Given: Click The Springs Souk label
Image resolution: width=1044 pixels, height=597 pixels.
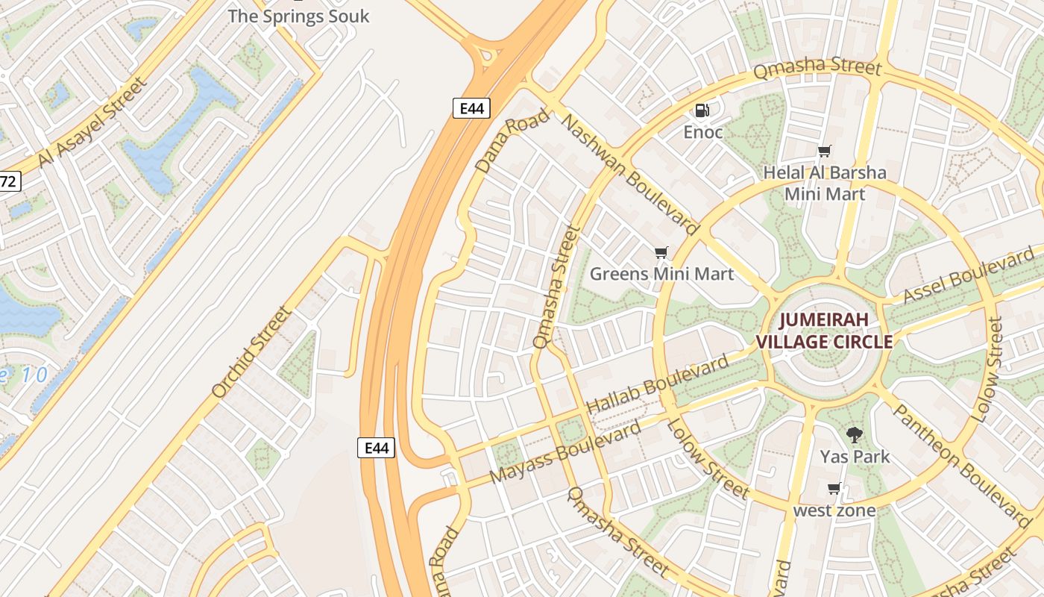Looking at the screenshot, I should tap(298, 16).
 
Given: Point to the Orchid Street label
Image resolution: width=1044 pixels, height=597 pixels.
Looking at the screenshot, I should tap(251, 352).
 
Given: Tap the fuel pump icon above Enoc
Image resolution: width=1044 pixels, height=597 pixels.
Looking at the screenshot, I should tap(702, 110).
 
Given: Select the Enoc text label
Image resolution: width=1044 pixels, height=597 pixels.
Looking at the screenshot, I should tap(703, 132).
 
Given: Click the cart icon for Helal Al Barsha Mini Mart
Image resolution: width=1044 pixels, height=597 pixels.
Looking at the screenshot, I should tap(824, 151).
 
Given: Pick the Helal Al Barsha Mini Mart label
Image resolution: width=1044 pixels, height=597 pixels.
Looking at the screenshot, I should tap(825, 184).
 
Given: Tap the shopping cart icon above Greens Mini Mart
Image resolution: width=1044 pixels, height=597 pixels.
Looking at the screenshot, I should tap(661, 252).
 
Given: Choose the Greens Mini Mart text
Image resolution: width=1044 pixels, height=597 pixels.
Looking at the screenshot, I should tap(661, 274).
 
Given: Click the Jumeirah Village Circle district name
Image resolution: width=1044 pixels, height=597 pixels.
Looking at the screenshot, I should tap(824, 331).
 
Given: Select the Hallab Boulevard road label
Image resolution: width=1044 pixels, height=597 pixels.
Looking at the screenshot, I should tap(658, 385).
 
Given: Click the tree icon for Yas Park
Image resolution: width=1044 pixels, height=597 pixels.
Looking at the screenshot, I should tap(855, 434).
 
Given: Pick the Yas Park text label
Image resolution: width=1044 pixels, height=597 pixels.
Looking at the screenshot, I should tap(855, 456).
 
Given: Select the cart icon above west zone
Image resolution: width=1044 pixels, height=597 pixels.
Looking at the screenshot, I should tap(834, 489).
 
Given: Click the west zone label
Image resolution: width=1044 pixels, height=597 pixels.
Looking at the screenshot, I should tap(834, 510).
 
